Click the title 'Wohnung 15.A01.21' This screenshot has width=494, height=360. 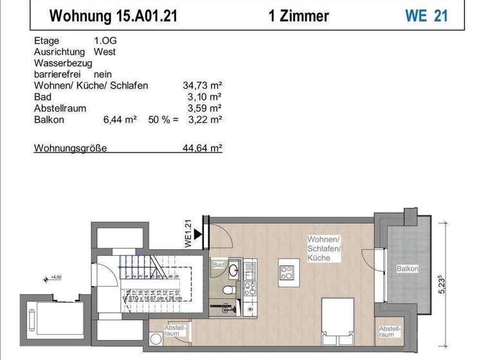pos(113,15)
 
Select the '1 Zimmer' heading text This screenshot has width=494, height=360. pos(298,15)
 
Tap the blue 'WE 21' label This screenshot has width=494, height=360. pos(426,15)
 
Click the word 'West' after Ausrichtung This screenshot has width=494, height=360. pos(105,51)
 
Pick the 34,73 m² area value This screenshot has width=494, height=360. pos(203,85)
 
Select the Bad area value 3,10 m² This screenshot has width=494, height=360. pos(206,97)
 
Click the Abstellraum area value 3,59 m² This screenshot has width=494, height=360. pos(206,108)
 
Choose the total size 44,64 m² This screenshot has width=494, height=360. pos(203,148)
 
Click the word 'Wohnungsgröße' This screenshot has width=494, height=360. pos(70,148)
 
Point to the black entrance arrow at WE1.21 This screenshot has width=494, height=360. pos(198,233)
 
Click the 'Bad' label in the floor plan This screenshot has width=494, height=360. pos(217,264)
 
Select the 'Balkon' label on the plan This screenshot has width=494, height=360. pos(407,269)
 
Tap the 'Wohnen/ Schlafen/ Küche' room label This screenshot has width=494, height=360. pos(324,248)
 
